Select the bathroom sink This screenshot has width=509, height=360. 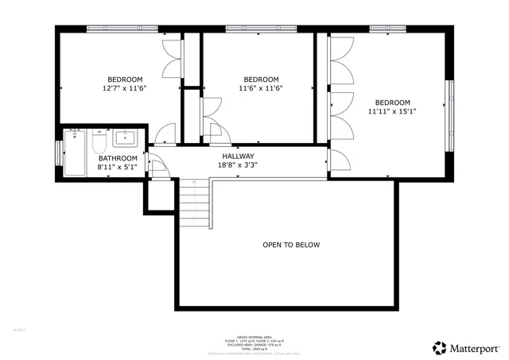click(126, 139)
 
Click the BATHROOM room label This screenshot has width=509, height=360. click(118, 158)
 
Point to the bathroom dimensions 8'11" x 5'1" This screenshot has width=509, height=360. click(118, 168)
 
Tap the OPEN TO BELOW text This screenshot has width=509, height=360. click(291, 245)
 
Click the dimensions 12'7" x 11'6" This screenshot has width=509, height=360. click(125, 88)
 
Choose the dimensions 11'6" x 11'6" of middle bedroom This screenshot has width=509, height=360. click(261, 88)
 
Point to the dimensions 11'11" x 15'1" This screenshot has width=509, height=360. click(392, 111)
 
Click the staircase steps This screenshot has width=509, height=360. click(192, 203)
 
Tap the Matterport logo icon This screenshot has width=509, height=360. click(439, 346)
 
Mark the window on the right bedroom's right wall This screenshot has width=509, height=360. click(451, 103)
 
